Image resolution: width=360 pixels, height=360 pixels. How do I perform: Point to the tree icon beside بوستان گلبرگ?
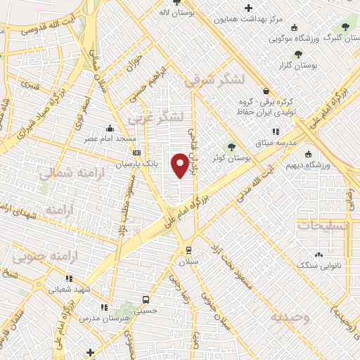click(x=344, y=27)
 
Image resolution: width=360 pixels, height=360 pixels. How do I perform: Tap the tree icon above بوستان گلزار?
click(x=299, y=53)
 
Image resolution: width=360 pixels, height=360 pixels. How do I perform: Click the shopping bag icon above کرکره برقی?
click(x=265, y=91)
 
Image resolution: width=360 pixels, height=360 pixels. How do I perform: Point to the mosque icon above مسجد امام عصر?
click(x=109, y=129)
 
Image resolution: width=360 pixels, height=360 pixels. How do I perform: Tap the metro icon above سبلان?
click(x=188, y=250)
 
